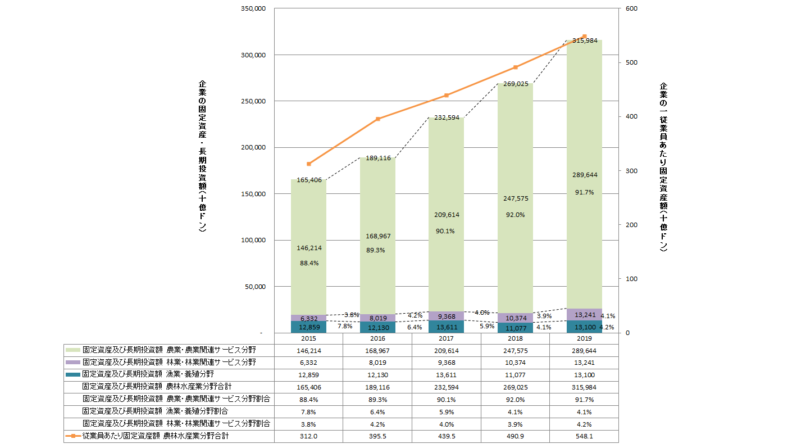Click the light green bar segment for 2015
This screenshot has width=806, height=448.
[308, 225]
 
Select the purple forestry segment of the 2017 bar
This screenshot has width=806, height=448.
[447, 316]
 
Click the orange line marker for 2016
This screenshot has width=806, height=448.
[377, 119]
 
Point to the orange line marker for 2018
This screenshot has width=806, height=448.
[515, 67]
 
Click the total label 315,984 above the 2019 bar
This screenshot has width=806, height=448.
[584, 40]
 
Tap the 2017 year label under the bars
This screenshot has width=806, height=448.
[447, 339]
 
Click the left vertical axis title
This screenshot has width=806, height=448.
[202, 156]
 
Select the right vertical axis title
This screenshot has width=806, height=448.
[663, 168]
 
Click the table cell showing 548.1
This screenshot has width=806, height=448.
[584, 436]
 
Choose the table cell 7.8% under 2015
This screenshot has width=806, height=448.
[308, 411]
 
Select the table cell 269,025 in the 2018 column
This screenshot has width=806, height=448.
[515, 387]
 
